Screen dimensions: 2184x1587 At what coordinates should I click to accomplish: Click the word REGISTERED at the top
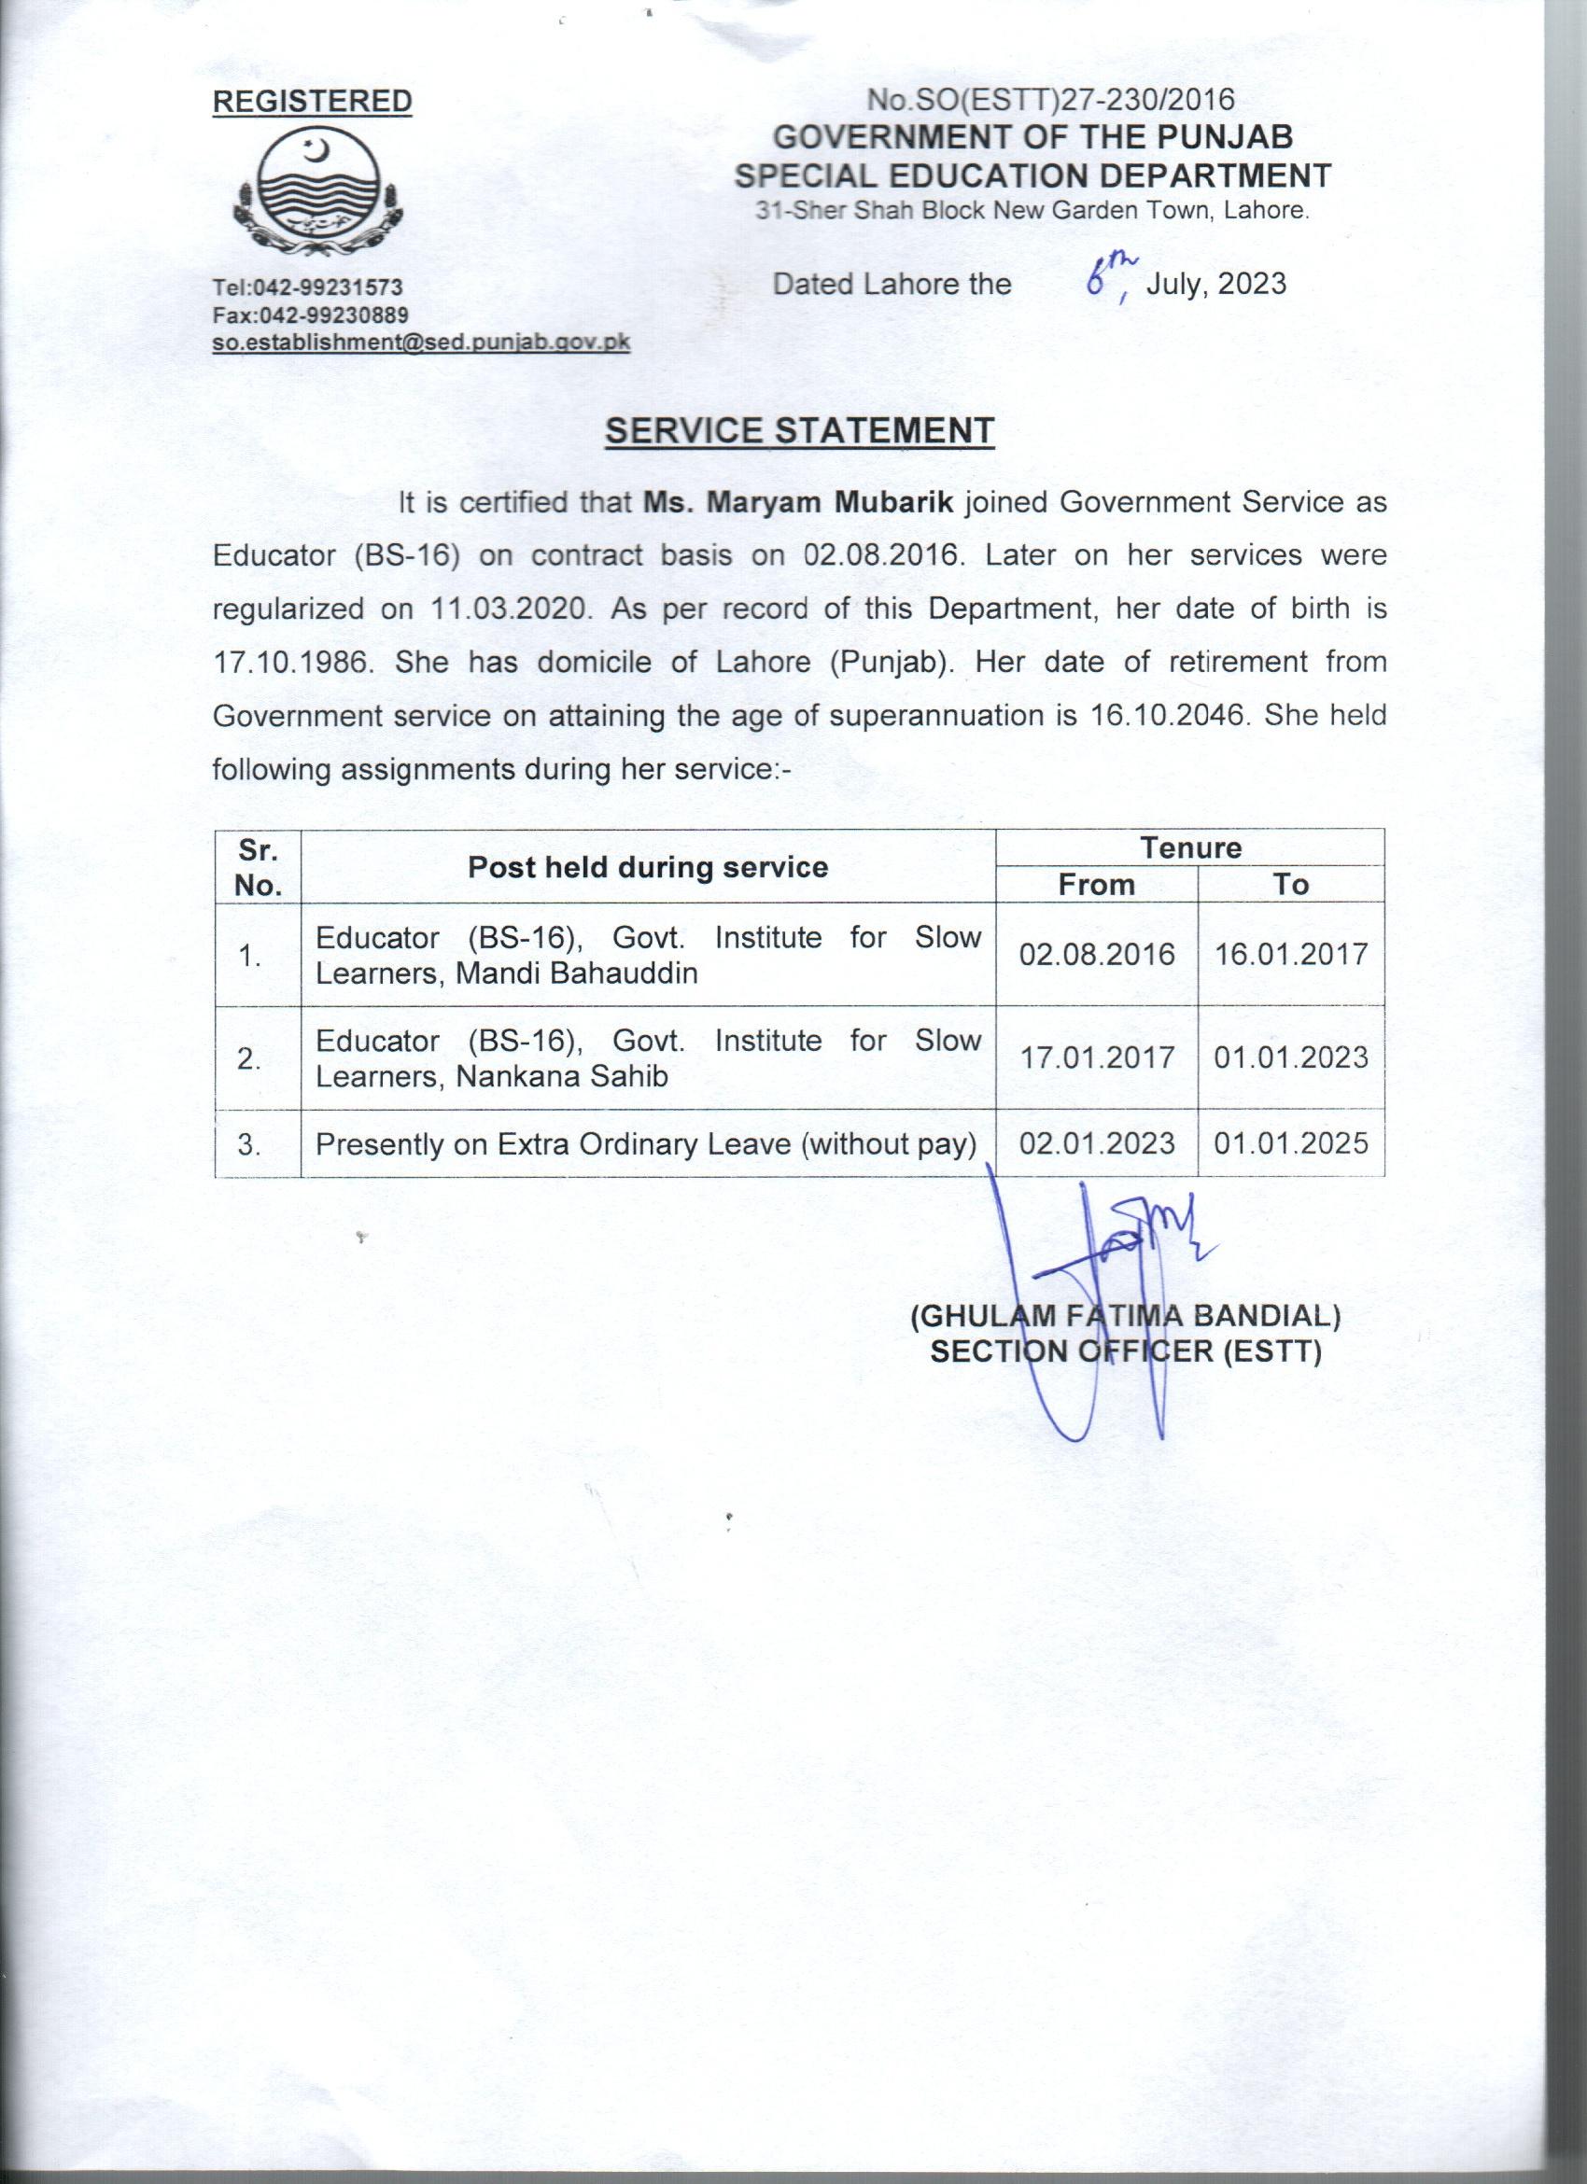[312, 102]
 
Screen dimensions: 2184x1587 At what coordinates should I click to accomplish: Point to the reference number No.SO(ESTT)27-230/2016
[1049, 100]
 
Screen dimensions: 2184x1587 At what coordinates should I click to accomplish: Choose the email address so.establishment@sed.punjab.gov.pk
[421, 343]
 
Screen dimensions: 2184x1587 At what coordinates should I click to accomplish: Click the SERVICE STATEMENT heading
[798, 430]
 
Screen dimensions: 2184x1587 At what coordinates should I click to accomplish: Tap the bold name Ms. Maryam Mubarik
[798, 503]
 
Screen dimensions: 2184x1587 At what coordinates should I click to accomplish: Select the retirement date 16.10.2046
[1165, 716]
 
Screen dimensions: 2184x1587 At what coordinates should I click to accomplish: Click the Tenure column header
[1190, 848]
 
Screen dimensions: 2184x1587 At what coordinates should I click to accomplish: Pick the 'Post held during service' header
[647, 868]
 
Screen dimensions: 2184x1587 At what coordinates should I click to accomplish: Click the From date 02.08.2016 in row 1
[1097, 954]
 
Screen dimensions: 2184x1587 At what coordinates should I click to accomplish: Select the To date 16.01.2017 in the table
[1290, 954]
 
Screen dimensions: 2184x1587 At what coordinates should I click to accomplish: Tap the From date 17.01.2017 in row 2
[1097, 1057]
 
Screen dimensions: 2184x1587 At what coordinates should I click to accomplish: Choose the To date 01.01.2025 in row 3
[1290, 1143]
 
